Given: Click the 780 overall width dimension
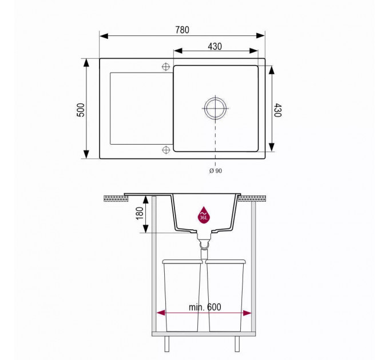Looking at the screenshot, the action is [182, 30].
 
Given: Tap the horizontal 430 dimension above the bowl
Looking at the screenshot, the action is [215, 46].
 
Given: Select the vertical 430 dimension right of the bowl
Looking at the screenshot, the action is [278, 110].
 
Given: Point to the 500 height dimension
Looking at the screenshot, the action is [81, 110].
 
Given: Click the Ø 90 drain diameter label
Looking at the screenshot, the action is [216, 171].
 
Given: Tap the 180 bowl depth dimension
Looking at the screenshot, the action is [140, 213].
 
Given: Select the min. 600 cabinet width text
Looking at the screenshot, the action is [205, 307].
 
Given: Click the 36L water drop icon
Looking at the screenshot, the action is [204, 215].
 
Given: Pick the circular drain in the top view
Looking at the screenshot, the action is [215, 108].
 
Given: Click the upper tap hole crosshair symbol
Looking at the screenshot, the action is [166, 67].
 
